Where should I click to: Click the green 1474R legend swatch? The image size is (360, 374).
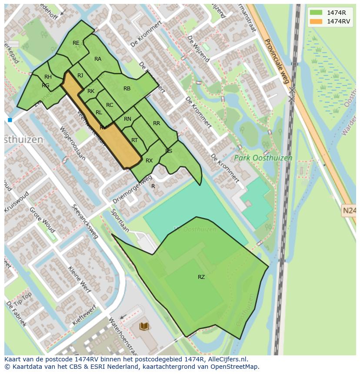point(316,13)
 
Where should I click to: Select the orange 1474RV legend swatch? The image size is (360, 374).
point(316,21)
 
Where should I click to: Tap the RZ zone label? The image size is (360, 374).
point(201,277)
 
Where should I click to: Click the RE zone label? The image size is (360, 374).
point(76,43)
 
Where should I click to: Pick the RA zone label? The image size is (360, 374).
point(98,59)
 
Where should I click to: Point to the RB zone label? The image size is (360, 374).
point(127,89)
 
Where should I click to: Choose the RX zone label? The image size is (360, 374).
point(149,161)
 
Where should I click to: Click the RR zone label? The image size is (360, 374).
point(157,123)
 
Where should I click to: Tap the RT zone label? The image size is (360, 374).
point(134,140)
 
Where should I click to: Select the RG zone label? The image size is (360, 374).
point(46,86)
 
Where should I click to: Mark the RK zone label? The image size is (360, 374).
point(91,91)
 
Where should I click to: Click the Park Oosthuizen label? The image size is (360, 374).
point(263,158)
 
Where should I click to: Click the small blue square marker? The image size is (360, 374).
point(10,120)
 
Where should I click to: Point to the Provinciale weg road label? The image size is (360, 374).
point(277,61)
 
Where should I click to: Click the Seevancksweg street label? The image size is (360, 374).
point(86,222)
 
